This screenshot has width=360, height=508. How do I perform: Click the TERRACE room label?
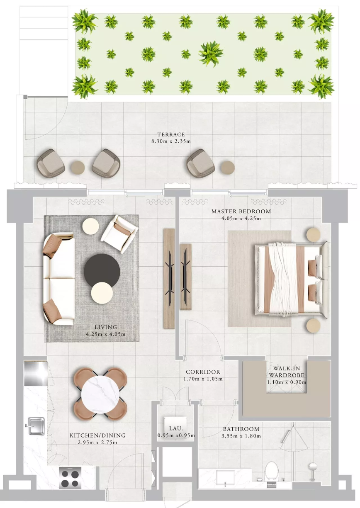(x=171, y=134)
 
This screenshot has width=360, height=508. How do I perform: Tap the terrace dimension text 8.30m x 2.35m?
(x=171, y=141)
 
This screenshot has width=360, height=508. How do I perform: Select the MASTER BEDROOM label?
(x=241, y=211)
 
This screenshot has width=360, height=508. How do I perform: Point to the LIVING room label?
(x=106, y=327)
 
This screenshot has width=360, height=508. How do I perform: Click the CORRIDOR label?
(x=203, y=372)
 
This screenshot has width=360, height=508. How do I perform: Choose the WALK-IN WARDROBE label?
(x=287, y=372)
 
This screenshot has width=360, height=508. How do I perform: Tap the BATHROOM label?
(x=241, y=429)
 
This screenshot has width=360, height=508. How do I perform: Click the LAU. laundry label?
(x=176, y=428)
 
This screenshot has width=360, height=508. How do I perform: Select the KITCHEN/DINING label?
(x=97, y=435)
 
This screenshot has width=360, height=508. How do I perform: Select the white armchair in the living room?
(x=119, y=234)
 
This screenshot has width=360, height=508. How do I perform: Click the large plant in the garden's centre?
(x=211, y=54)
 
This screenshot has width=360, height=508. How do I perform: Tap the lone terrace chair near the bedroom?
(x=200, y=163)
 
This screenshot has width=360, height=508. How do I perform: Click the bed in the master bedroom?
(x=292, y=279)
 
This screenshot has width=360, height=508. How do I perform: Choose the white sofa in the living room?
(x=59, y=279)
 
